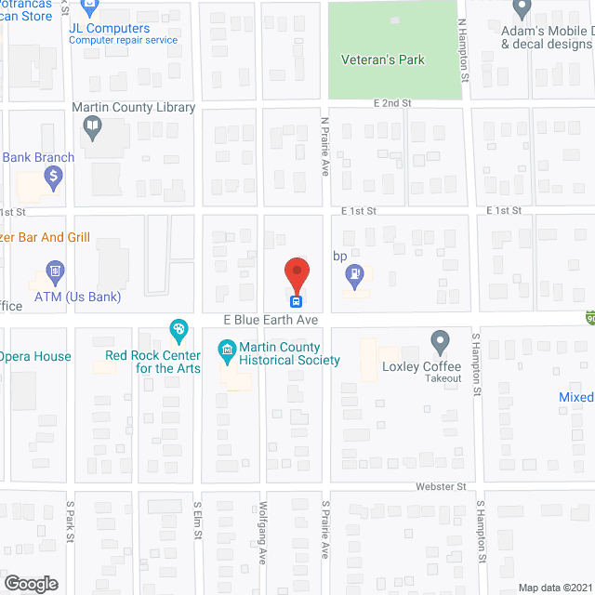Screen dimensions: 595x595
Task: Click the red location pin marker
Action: tap(297, 274)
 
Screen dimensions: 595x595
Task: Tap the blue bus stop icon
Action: tap(297, 299)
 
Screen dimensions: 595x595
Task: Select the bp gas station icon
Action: tap(354, 274)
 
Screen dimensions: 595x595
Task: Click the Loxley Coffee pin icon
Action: tap(441, 340)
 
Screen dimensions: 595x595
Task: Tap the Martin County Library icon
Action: tap(91, 128)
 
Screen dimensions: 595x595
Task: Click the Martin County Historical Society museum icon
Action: tap(226, 351)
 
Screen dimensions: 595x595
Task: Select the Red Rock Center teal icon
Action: tap(178, 328)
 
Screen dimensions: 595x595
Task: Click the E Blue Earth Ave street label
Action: tap(271, 320)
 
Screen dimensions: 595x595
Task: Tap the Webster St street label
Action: tap(440, 486)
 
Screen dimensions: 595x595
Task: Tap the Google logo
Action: tap(30, 583)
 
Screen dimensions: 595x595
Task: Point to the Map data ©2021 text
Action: tap(553, 587)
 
